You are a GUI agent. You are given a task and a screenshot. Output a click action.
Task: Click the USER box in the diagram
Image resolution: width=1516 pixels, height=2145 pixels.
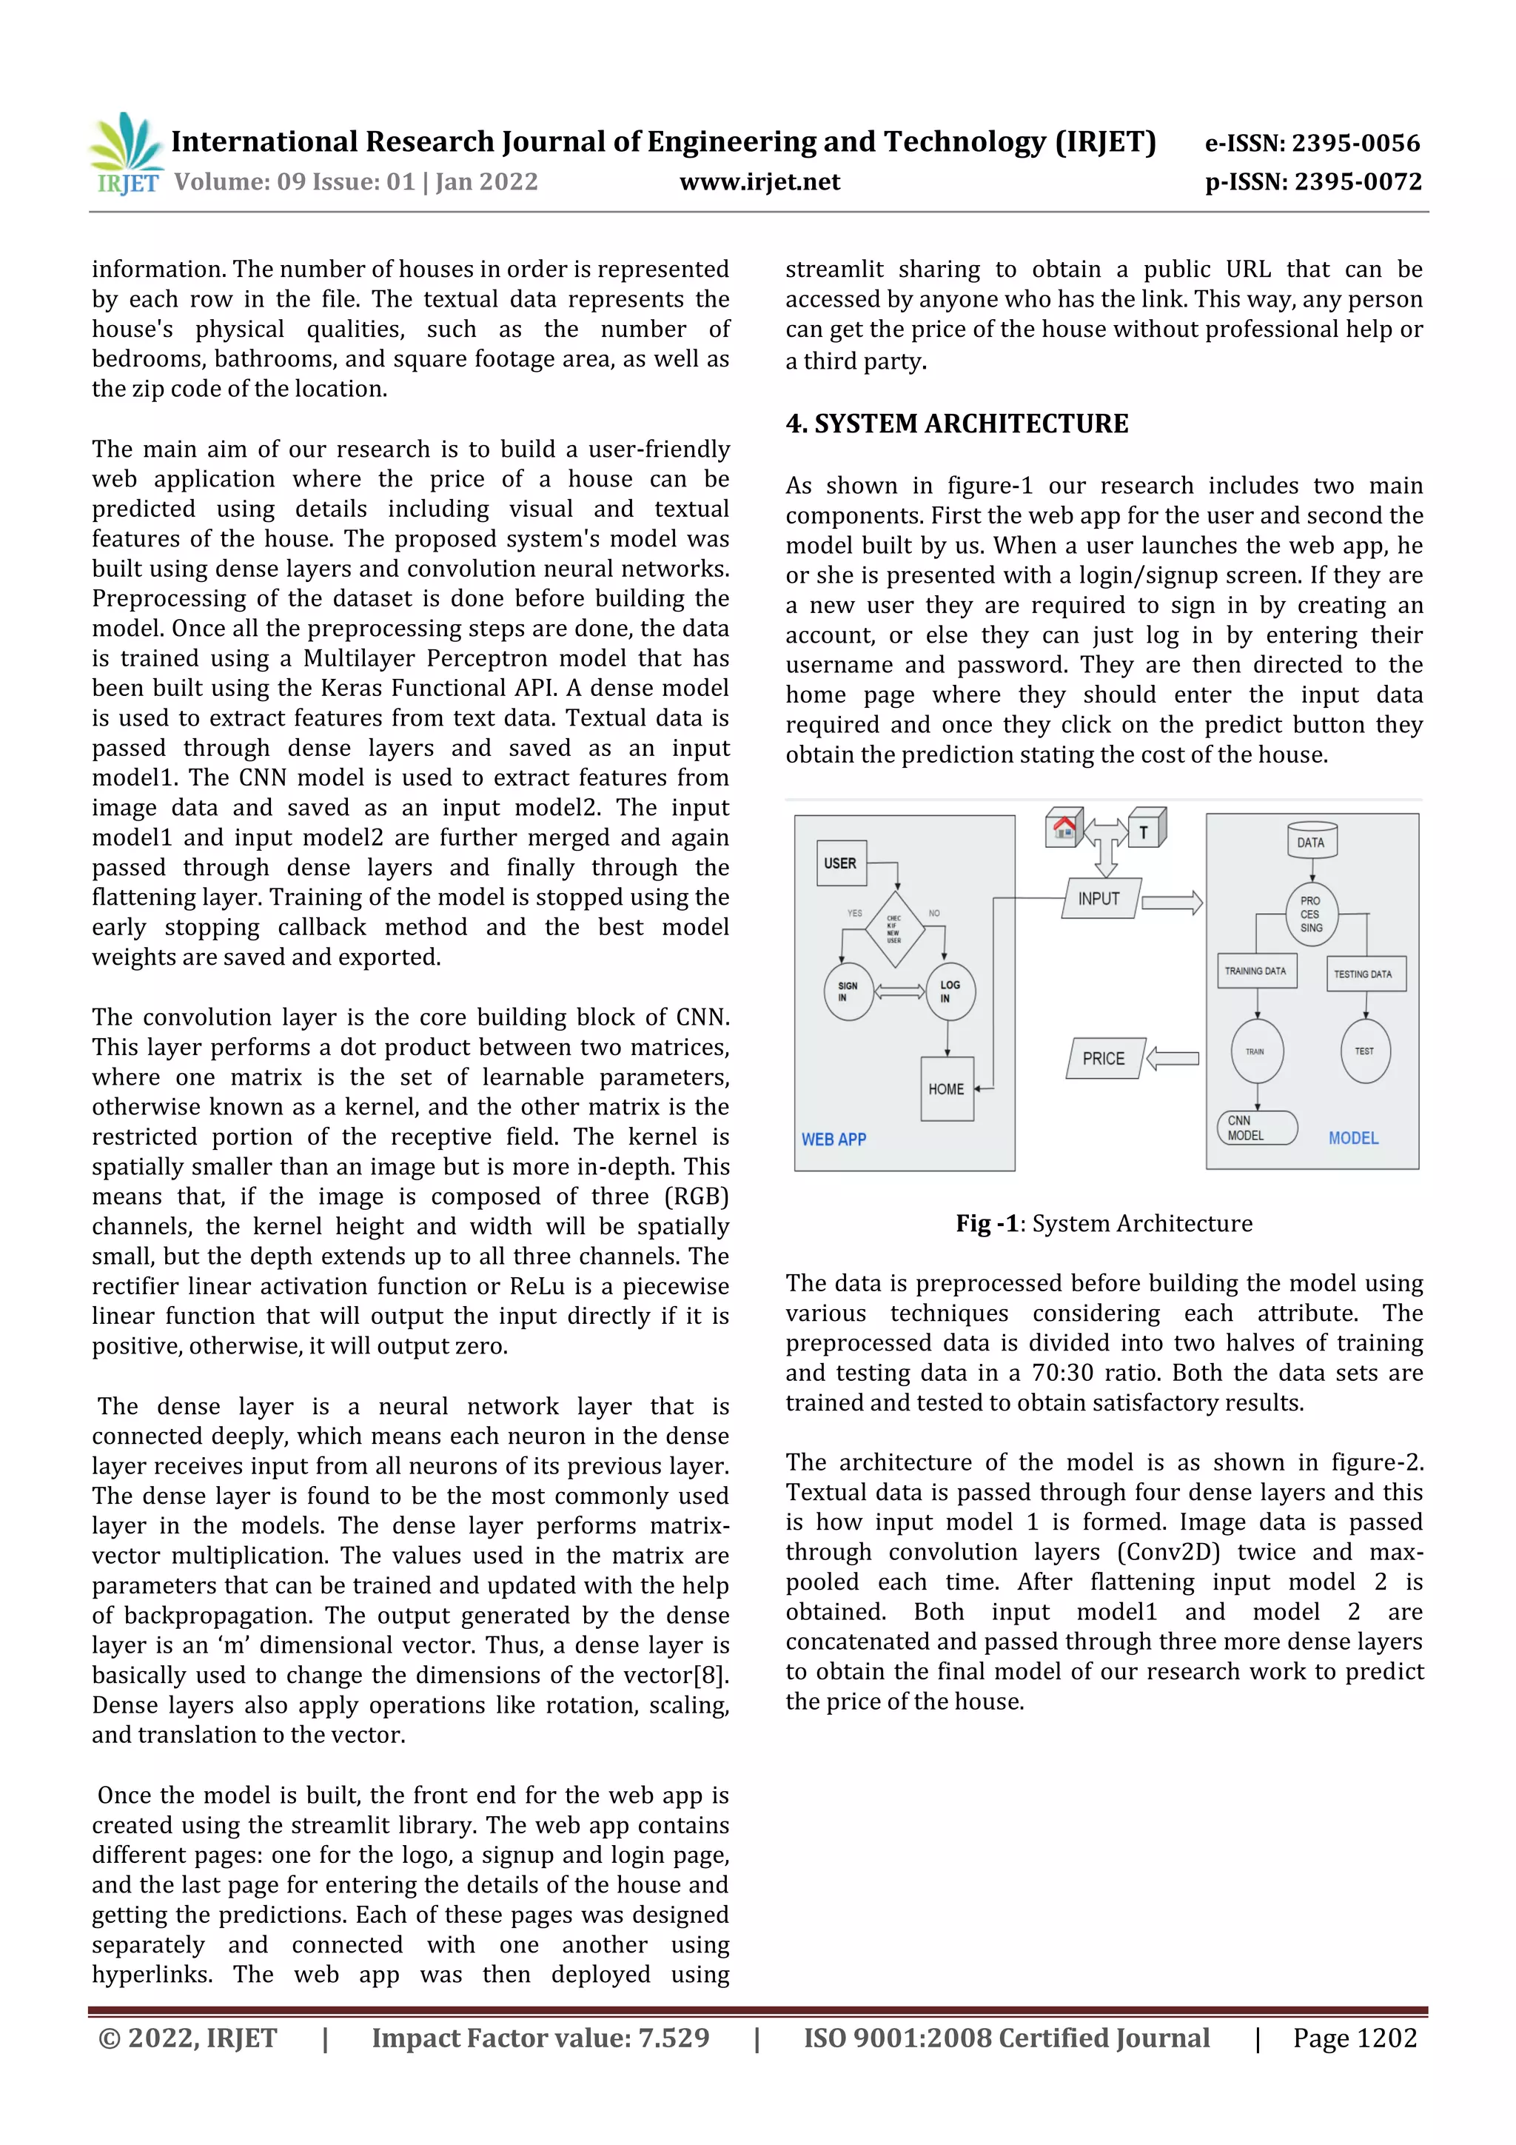(x=839, y=863)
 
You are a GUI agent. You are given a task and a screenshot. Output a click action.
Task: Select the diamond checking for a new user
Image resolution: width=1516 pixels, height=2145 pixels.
(x=894, y=928)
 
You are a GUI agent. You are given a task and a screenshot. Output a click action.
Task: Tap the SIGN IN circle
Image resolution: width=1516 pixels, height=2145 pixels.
(x=848, y=991)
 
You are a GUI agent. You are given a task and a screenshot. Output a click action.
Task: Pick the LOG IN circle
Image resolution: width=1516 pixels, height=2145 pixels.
(x=950, y=991)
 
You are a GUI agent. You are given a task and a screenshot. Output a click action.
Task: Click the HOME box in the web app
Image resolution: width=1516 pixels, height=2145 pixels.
(x=946, y=1088)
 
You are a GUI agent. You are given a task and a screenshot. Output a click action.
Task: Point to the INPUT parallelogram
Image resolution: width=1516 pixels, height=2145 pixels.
(x=1100, y=899)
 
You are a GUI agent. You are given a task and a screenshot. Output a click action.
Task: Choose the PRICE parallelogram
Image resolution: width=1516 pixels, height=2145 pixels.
(x=1104, y=1059)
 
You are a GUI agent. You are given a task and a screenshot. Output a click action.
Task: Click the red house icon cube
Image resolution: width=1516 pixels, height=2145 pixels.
(x=1064, y=828)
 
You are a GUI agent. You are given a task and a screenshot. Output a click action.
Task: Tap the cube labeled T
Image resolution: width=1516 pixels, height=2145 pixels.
(x=1145, y=829)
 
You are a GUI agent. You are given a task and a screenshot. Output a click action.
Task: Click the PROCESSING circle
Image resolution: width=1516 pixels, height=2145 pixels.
(x=1312, y=914)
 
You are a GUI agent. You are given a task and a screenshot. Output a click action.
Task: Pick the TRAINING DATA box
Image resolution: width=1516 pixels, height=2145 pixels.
(x=1256, y=971)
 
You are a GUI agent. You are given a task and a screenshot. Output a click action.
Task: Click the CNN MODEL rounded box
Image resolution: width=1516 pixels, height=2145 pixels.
(x=1256, y=1128)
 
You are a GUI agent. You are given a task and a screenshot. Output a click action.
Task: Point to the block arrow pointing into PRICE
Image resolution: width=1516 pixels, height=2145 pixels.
(x=1173, y=1059)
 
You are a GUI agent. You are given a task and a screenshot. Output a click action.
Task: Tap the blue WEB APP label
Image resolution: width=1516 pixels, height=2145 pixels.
(x=834, y=1139)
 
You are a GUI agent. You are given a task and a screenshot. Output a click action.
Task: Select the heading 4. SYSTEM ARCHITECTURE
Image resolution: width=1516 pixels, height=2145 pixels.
(x=956, y=424)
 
